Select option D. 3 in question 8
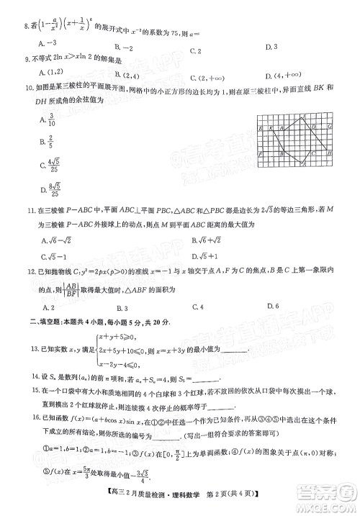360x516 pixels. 271,47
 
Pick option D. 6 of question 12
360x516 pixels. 272,305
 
